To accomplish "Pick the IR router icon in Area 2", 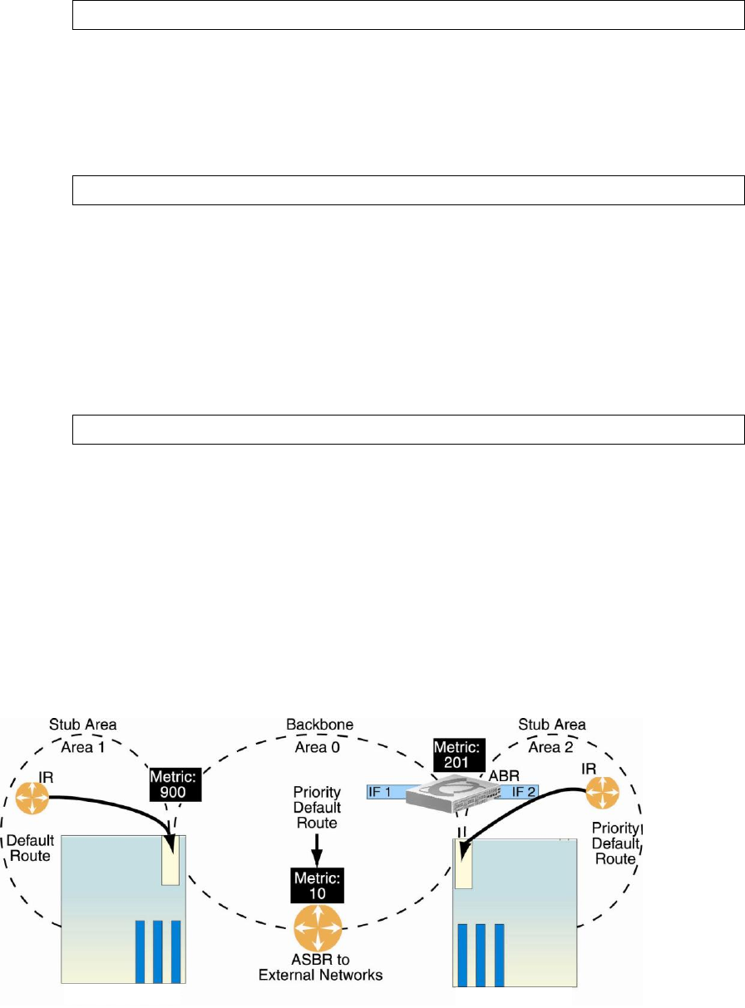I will click(600, 791).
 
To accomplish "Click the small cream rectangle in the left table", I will click(170, 861).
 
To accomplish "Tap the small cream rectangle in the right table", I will click(463, 864).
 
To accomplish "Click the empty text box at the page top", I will click(407, 15).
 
